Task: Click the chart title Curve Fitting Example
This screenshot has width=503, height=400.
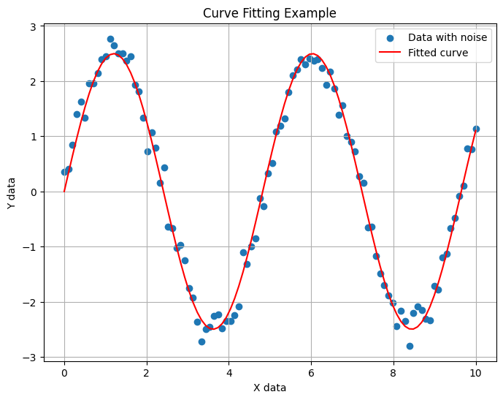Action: pos(269,13)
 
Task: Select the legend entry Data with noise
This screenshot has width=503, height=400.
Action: pos(447,37)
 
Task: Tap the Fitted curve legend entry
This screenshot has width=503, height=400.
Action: pos(437,53)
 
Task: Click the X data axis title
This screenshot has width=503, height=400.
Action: pos(269,388)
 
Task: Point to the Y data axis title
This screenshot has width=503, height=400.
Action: pos(11,192)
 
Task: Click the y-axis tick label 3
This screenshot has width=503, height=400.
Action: pos(33,26)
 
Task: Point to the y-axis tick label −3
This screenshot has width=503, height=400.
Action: pos(30,358)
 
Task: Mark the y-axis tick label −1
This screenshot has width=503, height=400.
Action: pos(30,247)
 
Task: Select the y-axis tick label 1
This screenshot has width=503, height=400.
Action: pos(33,137)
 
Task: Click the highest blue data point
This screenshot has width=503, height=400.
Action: pos(110,39)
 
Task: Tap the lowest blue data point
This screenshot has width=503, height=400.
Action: pos(410,346)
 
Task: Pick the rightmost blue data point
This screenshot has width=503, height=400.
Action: pos(476,129)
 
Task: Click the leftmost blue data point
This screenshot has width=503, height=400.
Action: pos(64,172)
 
